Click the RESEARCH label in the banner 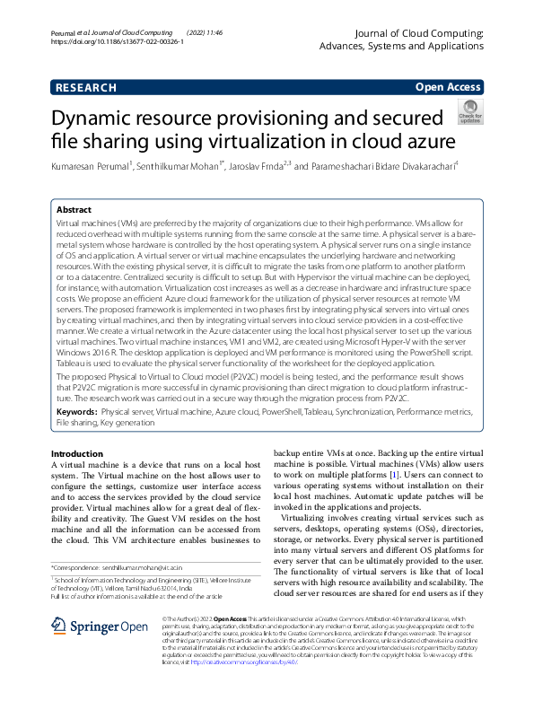pyautogui.click(x=85, y=87)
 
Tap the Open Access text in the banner pyautogui.click(x=448, y=87)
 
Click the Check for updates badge pyautogui.click(x=470, y=110)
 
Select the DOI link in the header pyautogui.click(x=118, y=41)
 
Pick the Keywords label pyautogui.click(x=78, y=410)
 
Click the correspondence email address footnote pyautogui.click(x=157, y=568)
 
